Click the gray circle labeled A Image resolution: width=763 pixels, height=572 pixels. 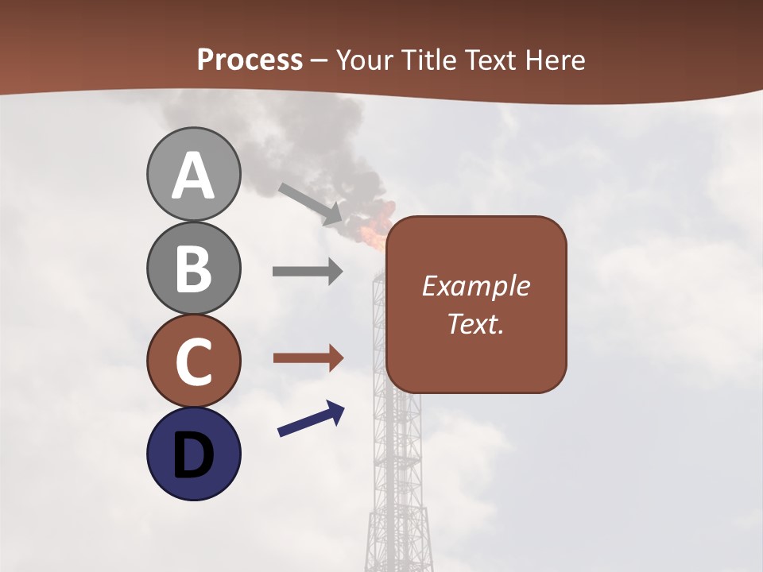point(193,174)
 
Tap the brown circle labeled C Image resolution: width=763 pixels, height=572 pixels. point(193,361)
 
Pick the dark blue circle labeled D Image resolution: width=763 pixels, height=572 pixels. point(193,454)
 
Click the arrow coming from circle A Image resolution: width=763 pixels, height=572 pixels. point(311,204)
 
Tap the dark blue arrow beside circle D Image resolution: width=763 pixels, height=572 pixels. point(311,419)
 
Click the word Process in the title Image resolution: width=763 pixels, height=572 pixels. point(250,60)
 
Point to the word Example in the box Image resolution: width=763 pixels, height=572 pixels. point(475,286)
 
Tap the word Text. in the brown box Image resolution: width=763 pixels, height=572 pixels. point(475,323)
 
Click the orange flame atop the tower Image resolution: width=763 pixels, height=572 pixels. point(376,228)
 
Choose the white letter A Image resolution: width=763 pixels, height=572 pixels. point(193,176)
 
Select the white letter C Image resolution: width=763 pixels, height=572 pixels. point(193,362)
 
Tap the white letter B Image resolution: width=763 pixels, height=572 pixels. point(193,269)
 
